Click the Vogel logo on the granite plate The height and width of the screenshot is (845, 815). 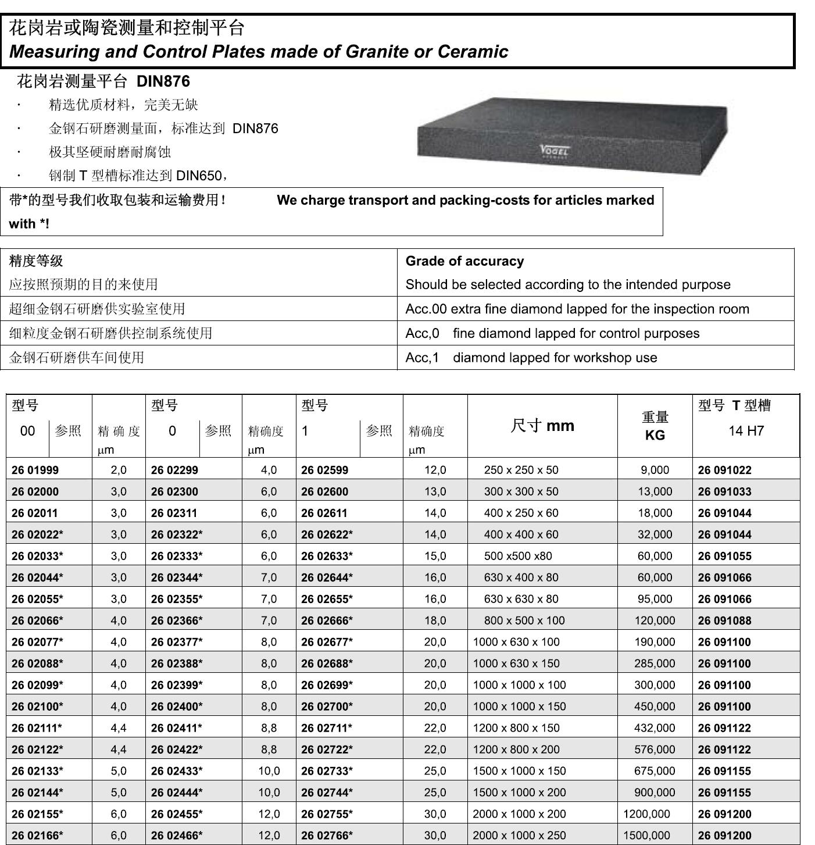coord(555,151)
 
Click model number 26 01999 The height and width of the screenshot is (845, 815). coord(35,470)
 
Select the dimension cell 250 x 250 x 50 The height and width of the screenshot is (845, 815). coord(521,470)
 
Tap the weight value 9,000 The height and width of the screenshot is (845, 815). coord(655,470)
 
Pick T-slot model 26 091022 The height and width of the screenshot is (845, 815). coord(724,470)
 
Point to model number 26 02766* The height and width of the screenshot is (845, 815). coord(327,836)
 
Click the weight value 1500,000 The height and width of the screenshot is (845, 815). coord(646,836)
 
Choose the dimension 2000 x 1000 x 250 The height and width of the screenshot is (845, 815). coord(519,836)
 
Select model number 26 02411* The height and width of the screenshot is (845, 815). coord(177,728)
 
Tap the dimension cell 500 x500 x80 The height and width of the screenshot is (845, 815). coord(518,556)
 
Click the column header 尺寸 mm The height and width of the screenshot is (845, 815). coord(542,426)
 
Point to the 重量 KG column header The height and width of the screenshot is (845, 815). coord(655,426)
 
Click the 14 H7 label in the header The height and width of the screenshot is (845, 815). coord(746,431)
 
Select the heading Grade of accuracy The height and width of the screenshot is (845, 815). coord(464,261)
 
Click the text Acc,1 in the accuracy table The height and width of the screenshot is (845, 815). coord(422,358)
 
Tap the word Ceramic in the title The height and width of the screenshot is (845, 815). coord(473,52)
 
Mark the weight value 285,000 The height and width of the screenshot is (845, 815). coord(655,664)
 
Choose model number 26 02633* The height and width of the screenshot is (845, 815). coord(327,556)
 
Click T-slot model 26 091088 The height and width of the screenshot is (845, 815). coord(724,621)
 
